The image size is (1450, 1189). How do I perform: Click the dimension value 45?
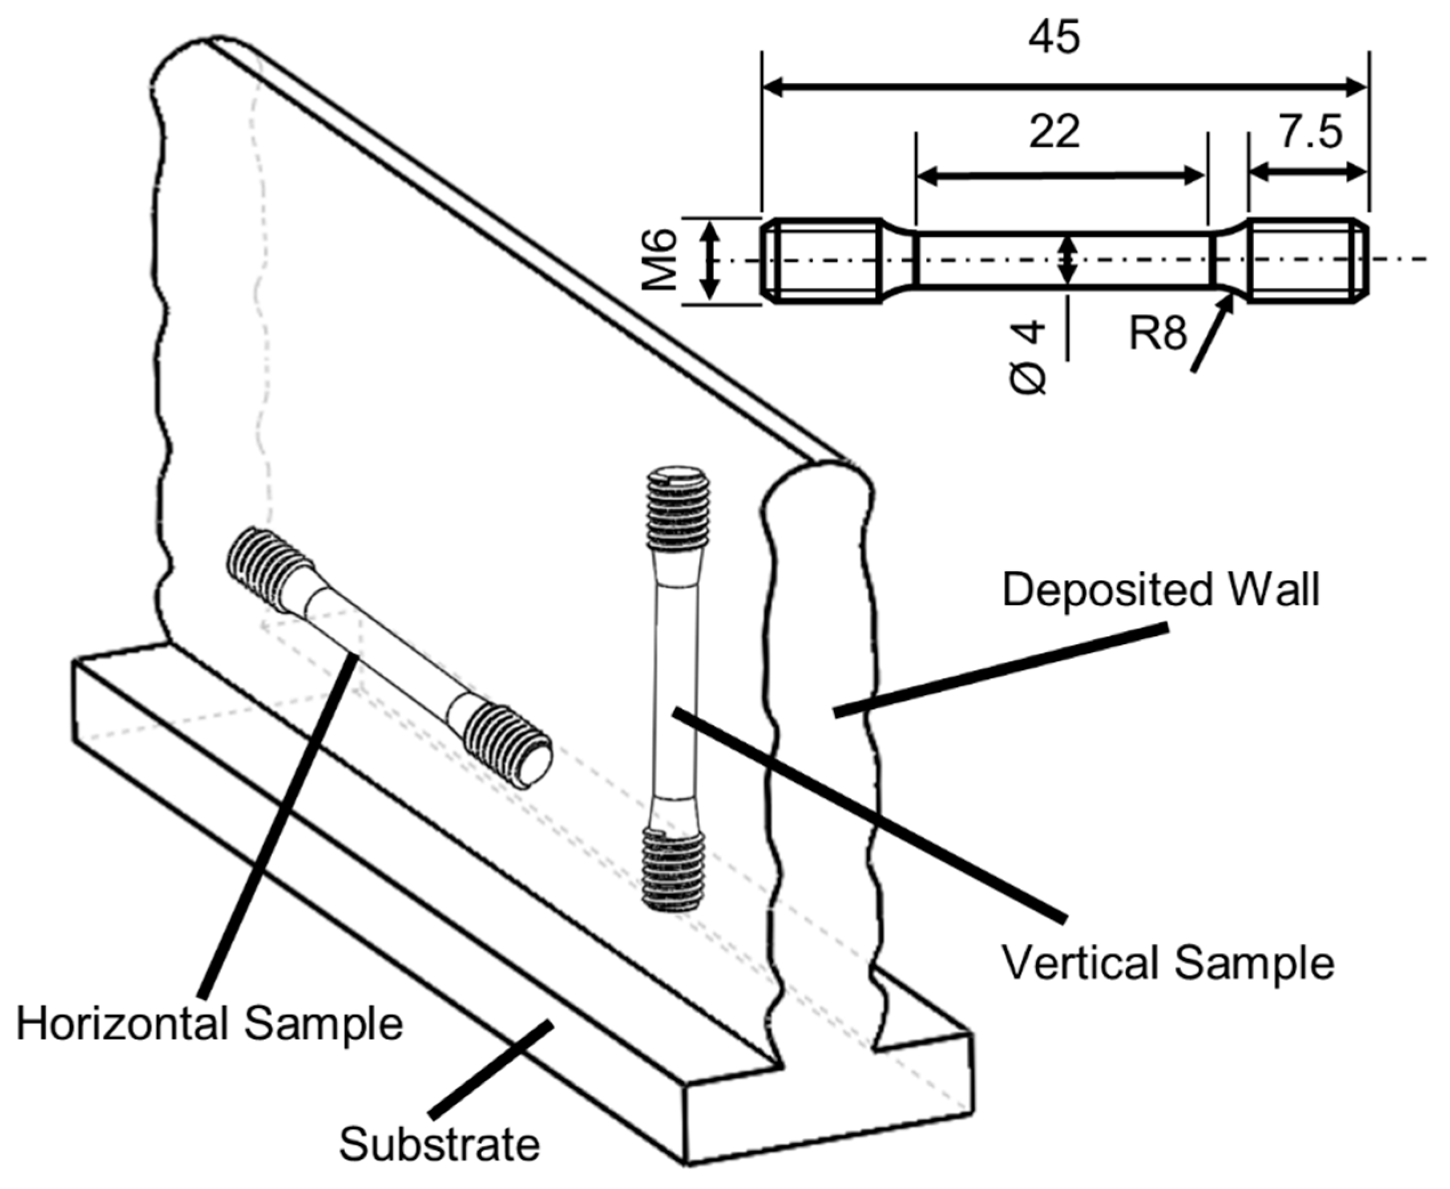1054,37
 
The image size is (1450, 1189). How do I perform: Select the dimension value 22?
1054,132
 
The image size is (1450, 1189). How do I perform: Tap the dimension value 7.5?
1310,132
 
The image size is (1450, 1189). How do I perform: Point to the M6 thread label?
662,260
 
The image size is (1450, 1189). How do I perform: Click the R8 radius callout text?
1158,334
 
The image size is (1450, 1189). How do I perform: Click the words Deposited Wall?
1160,589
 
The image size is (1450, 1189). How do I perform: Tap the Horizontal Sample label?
209,1024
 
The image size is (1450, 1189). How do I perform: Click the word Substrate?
439,1144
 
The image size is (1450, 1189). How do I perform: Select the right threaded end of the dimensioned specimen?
1307,260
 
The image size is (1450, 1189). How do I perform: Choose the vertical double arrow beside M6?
710,260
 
